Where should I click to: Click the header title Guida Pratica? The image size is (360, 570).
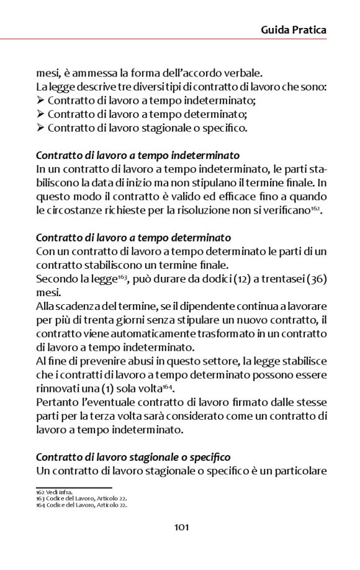(293, 30)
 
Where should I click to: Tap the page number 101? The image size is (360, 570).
(181, 527)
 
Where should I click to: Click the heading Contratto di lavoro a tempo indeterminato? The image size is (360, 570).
(138, 155)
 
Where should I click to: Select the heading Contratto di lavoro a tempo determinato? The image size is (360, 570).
(133, 237)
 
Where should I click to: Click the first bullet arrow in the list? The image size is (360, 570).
(40, 100)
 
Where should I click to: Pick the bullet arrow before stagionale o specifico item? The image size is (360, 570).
(40, 129)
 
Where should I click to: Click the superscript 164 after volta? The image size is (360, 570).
(168, 386)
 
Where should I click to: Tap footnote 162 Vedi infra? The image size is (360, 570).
(55, 492)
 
